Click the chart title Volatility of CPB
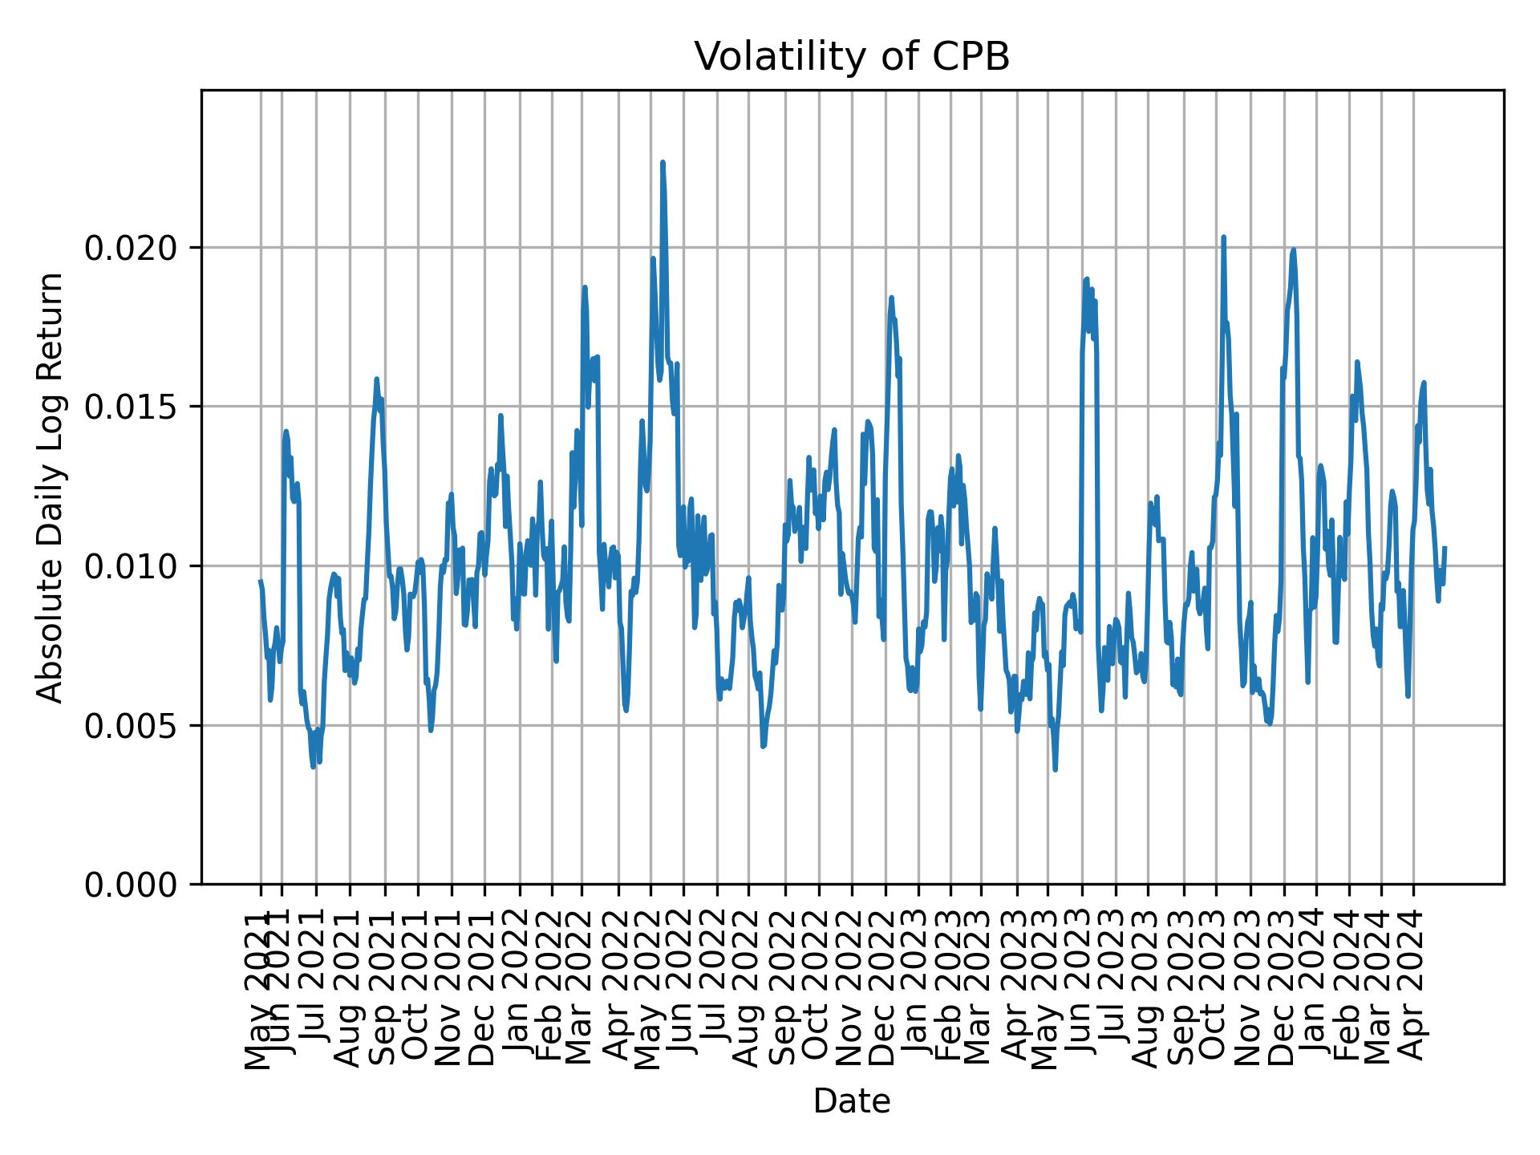(x=851, y=57)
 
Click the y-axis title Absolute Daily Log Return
(x=51, y=487)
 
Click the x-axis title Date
(x=851, y=1101)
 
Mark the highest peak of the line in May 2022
(x=663, y=163)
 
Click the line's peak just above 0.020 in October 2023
(x=1223, y=237)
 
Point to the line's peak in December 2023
(x=1293, y=249)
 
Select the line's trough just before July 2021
(x=313, y=767)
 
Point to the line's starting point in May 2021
(x=260, y=581)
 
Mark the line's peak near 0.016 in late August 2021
(x=376, y=379)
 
